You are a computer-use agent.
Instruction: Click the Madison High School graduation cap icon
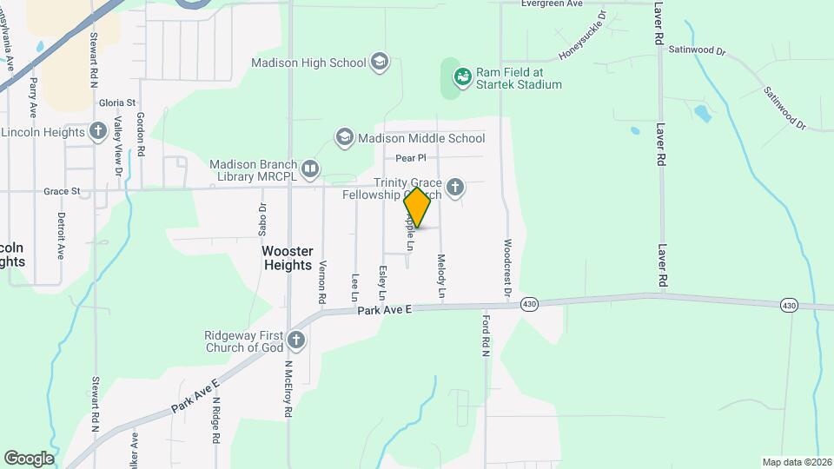(380, 62)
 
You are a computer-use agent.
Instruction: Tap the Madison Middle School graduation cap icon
(345, 137)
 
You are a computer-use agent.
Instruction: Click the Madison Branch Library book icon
(309, 167)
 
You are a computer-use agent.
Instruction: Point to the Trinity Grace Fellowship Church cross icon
(454, 187)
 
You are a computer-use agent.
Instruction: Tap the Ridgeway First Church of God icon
(296, 340)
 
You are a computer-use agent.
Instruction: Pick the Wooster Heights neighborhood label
(287, 258)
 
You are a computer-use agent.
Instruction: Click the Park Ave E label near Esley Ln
(388, 309)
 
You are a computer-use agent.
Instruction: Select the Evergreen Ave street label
(552, 3)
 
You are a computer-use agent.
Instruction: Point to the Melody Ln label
(441, 277)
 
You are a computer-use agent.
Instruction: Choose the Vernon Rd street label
(323, 281)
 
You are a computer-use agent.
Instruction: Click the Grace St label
(62, 190)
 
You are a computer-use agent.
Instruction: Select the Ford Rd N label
(486, 335)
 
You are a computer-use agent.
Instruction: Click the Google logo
(29, 458)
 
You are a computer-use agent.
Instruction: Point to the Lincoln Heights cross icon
(98, 131)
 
